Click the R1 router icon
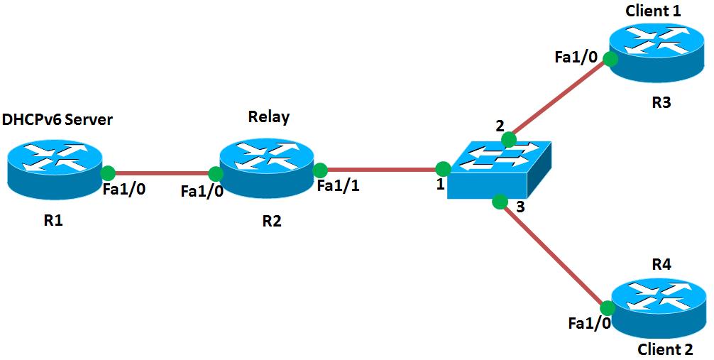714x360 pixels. coord(55,166)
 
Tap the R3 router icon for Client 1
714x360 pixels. coord(656,52)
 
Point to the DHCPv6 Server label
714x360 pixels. coord(57,120)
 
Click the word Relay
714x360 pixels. coord(268,117)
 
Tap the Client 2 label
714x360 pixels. coord(665,349)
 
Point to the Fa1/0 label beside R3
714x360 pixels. coord(576,57)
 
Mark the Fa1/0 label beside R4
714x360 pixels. coord(589,324)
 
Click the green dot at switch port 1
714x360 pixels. coord(442,169)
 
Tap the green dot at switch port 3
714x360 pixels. coord(500,202)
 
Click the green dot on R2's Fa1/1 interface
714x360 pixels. coord(320,170)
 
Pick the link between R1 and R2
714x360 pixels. coord(161,173)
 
